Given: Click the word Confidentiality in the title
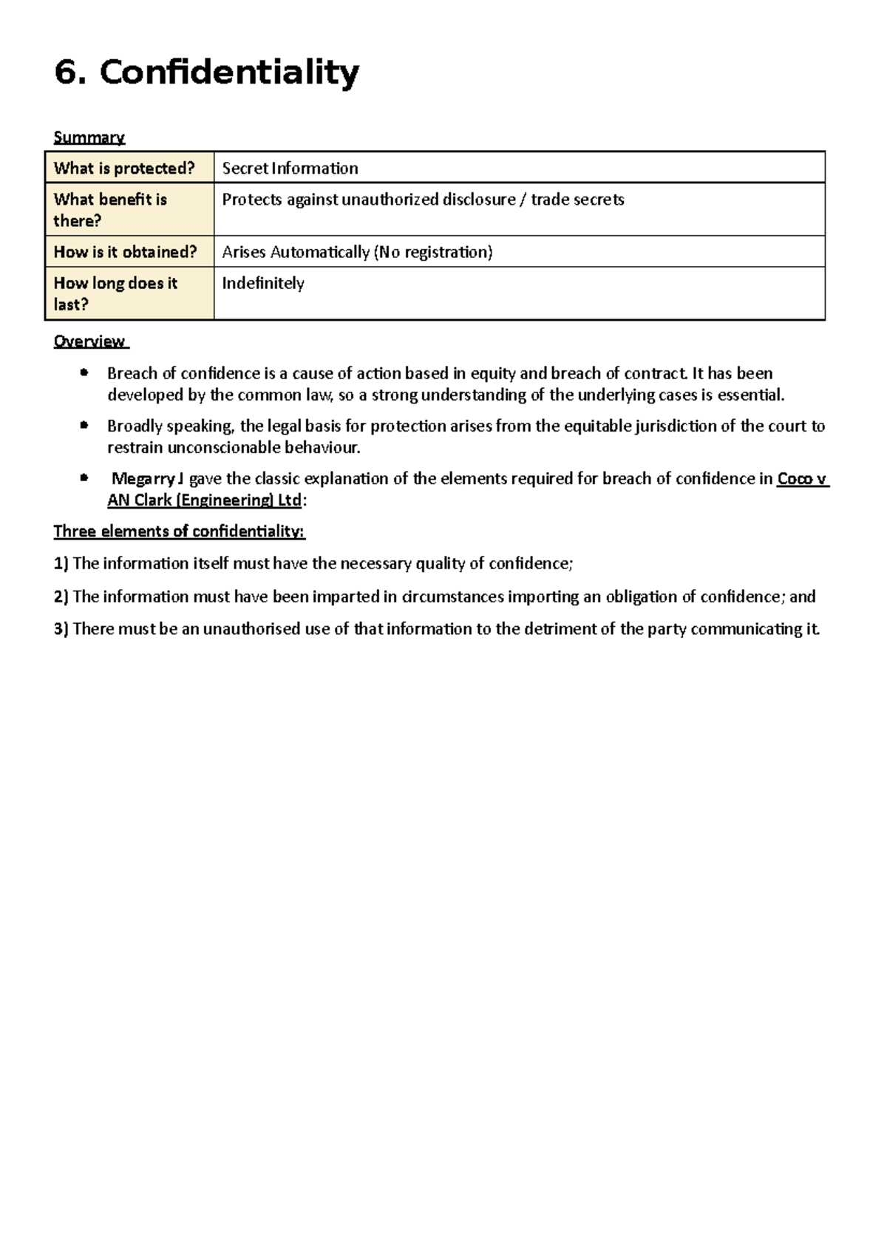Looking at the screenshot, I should (229, 73).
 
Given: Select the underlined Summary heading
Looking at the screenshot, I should (89, 137).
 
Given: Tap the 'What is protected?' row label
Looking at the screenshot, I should (123, 169).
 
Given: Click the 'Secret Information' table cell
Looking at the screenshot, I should (290, 169).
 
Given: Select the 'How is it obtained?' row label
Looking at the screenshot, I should (125, 252).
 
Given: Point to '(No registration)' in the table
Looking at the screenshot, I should (432, 252).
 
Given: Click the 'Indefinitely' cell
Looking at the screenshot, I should (263, 283).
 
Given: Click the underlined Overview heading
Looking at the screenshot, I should (89, 341).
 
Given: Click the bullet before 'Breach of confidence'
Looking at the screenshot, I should (84, 373).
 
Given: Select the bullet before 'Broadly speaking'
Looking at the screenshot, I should (84, 426).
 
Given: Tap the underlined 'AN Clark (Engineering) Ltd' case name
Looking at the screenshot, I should (204, 500).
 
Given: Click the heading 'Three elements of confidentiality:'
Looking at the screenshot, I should (180, 531).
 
